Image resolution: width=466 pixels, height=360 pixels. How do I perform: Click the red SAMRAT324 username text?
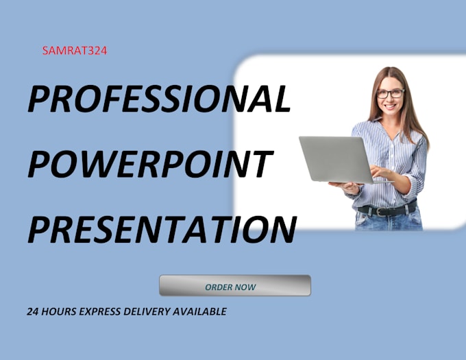[73, 50]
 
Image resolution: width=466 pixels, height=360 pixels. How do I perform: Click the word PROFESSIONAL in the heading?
[159, 100]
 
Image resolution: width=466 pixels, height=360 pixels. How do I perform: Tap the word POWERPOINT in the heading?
[149, 165]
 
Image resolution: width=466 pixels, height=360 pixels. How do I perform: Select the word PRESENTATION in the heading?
[162, 229]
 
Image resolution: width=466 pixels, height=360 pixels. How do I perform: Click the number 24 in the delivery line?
[33, 311]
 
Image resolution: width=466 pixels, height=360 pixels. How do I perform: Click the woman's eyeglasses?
[391, 94]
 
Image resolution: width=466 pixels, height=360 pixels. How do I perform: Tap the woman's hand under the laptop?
[345, 187]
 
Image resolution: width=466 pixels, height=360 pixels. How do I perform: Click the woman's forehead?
[390, 81]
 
